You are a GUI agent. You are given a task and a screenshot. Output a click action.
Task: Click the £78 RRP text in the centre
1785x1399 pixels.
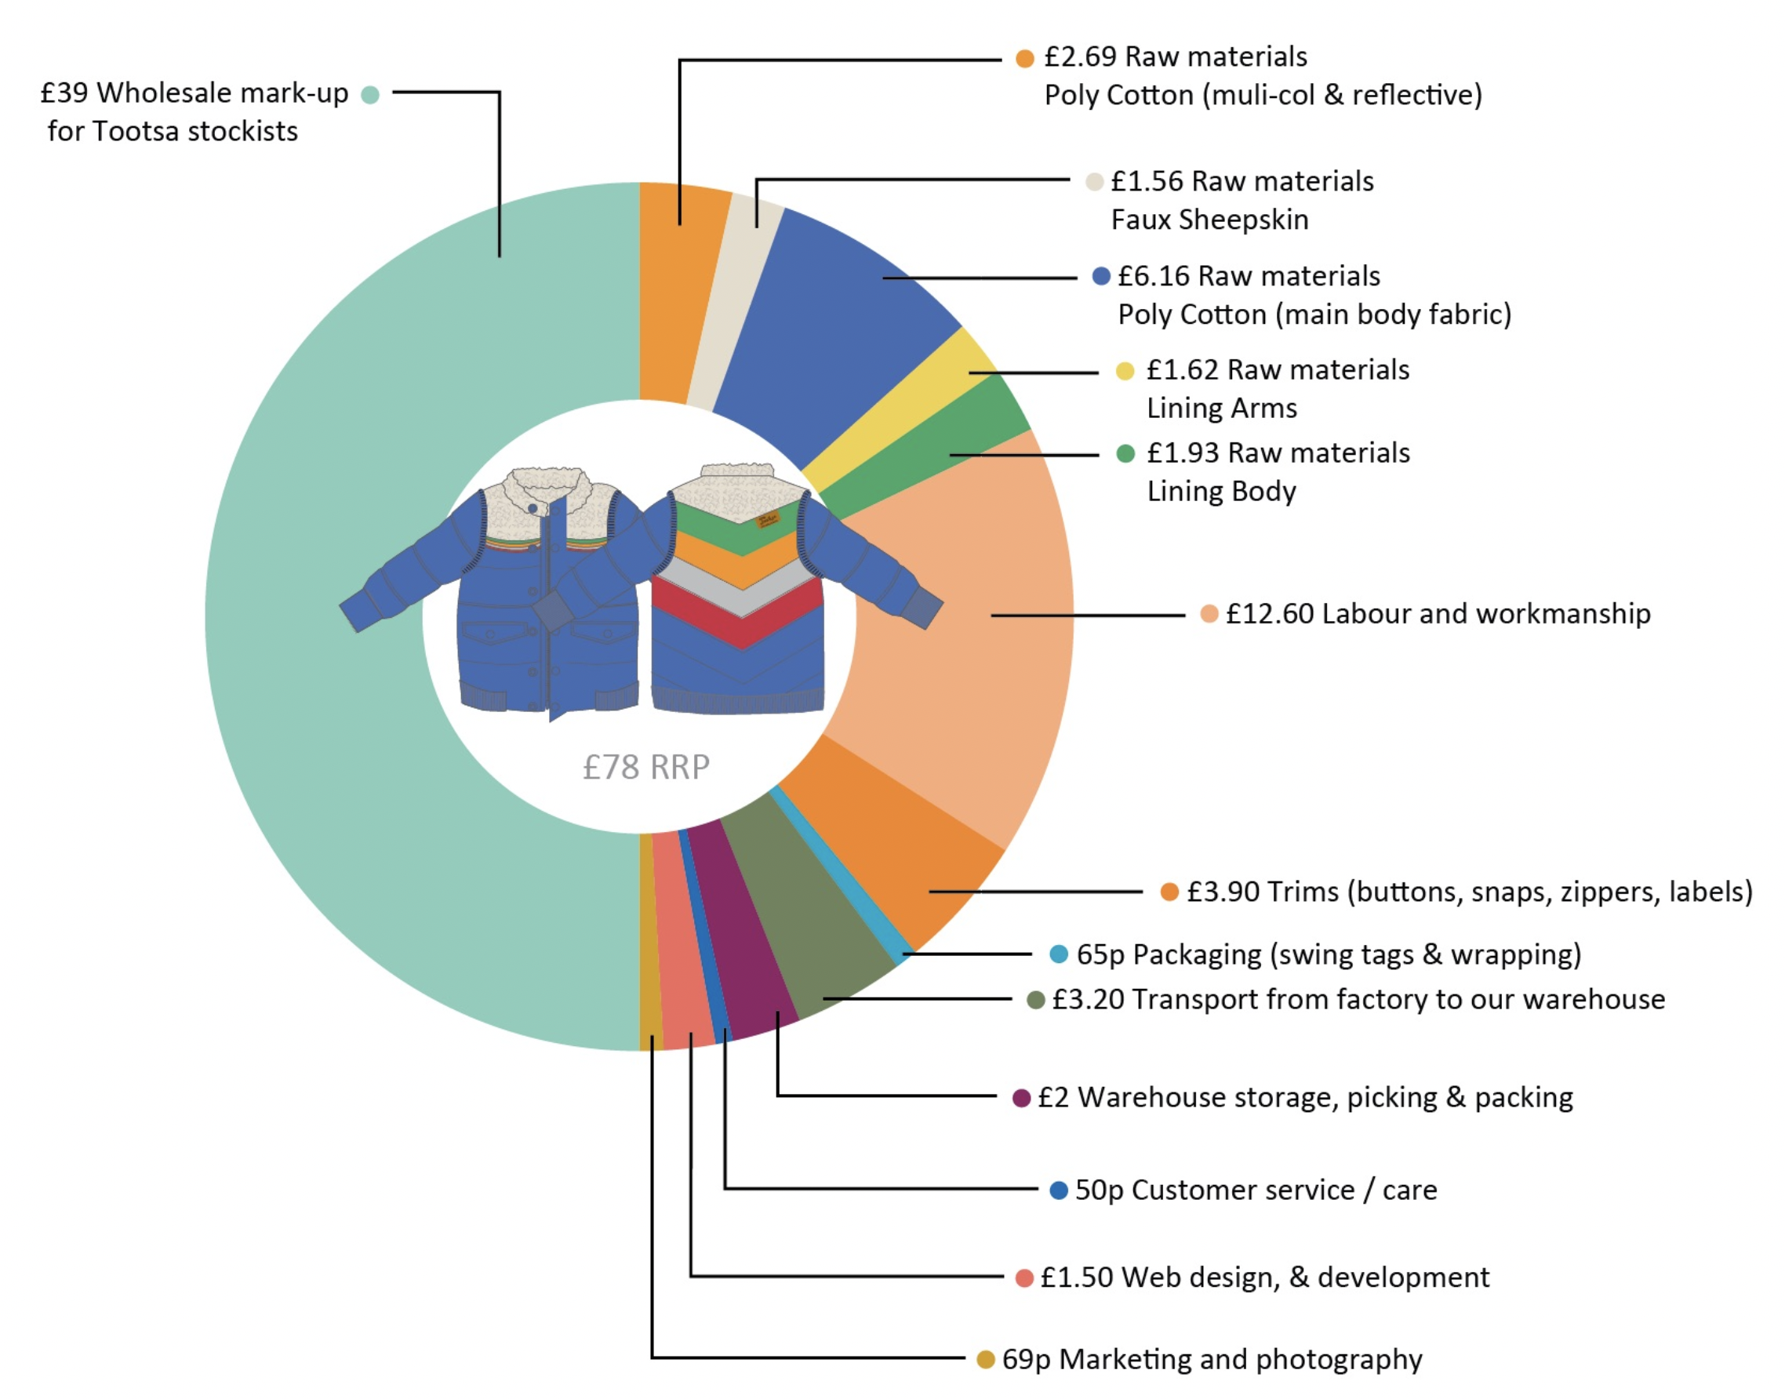[x=645, y=768]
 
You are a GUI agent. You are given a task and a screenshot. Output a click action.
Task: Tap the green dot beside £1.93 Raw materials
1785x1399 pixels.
[x=1125, y=453]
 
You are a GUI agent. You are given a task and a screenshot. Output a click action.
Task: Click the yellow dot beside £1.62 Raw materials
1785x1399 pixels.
[x=1125, y=371]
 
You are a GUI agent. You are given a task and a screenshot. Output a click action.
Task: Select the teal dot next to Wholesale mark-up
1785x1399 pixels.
[x=370, y=95]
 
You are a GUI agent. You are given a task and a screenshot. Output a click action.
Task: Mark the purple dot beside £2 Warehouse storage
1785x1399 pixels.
[x=1020, y=1099]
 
